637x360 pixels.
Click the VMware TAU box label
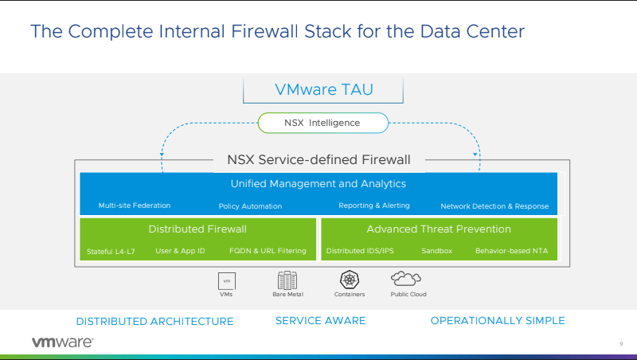coord(323,89)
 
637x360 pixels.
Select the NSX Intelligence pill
coord(322,123)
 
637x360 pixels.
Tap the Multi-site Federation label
coord(135,205)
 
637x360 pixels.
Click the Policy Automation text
coord(250,206)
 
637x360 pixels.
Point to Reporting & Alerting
coord(373,205)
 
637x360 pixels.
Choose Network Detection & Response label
coord(494,206)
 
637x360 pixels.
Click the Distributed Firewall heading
coord(199,229)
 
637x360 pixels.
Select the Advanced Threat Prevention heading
coord(439,229)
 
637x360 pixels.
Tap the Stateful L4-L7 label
coord(111,251)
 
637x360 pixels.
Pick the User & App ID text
coord(180,251)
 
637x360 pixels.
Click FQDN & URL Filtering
coord(268,251)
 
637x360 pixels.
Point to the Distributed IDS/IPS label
coord(360,251)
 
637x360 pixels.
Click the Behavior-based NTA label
coord(512,251)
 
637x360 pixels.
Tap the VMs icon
coord(227,280)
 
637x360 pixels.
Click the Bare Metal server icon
coord(287,280)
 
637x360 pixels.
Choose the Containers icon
coord(350,280)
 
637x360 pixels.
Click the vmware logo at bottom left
coord(62,342)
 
